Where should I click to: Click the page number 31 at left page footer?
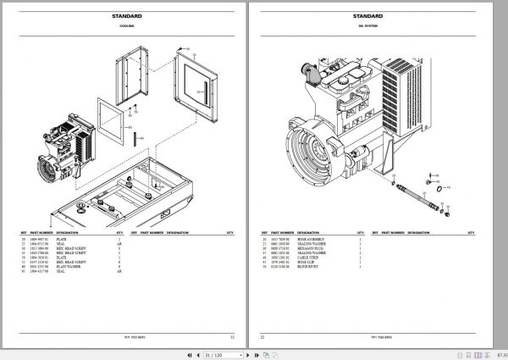tap(230, 336)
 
